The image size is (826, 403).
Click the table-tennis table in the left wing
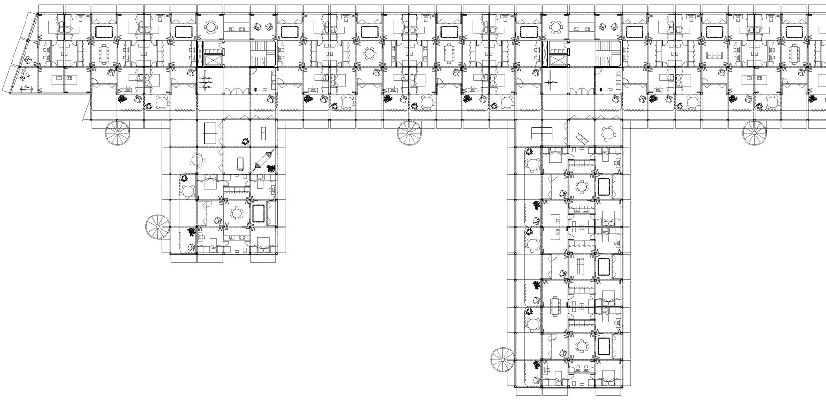click(210, 130)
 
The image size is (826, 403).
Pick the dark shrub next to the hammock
click(271, 168)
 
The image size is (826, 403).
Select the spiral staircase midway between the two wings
click(409, 133)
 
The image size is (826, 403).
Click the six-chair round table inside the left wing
click(237, 214)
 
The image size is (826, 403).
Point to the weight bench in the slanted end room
click(26, 89)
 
